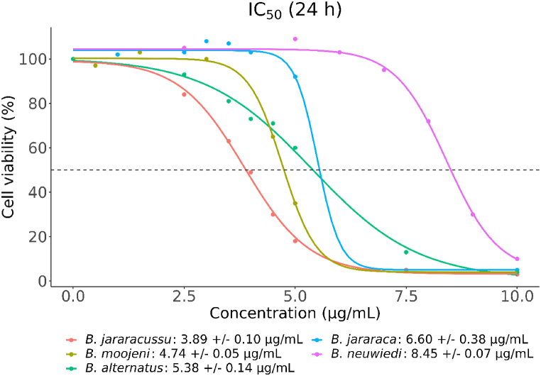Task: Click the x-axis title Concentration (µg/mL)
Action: click(x=295, y=313)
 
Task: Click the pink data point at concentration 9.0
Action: click(x=473, y=214)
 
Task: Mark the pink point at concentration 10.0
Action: click(x=517, y=259)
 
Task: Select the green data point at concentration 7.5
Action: click(x=406, y=253)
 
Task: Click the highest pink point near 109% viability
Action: click(x=295, y=39)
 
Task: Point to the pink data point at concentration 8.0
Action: click(x=428, y=121)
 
